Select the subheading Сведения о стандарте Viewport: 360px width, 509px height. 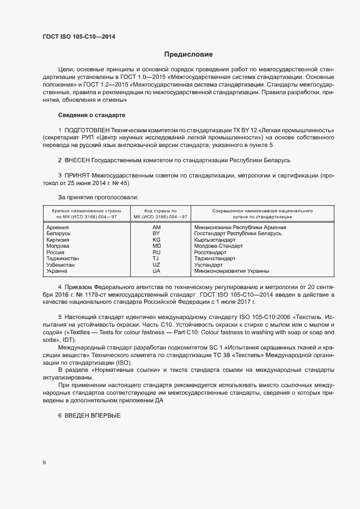point(91,115)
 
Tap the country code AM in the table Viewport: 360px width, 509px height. point(156,227)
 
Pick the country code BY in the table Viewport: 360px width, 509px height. point(156,233)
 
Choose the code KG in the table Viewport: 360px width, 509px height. point(156,240)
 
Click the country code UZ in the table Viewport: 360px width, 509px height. point(156,265)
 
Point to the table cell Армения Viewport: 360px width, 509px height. point(58,227)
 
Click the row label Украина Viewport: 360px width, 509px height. point(57,271)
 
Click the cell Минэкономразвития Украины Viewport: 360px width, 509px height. point(231,271)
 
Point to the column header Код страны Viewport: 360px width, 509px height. point(156,210)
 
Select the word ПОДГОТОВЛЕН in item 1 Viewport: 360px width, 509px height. point(87,131)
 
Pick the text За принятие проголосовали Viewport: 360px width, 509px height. point(98,197)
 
